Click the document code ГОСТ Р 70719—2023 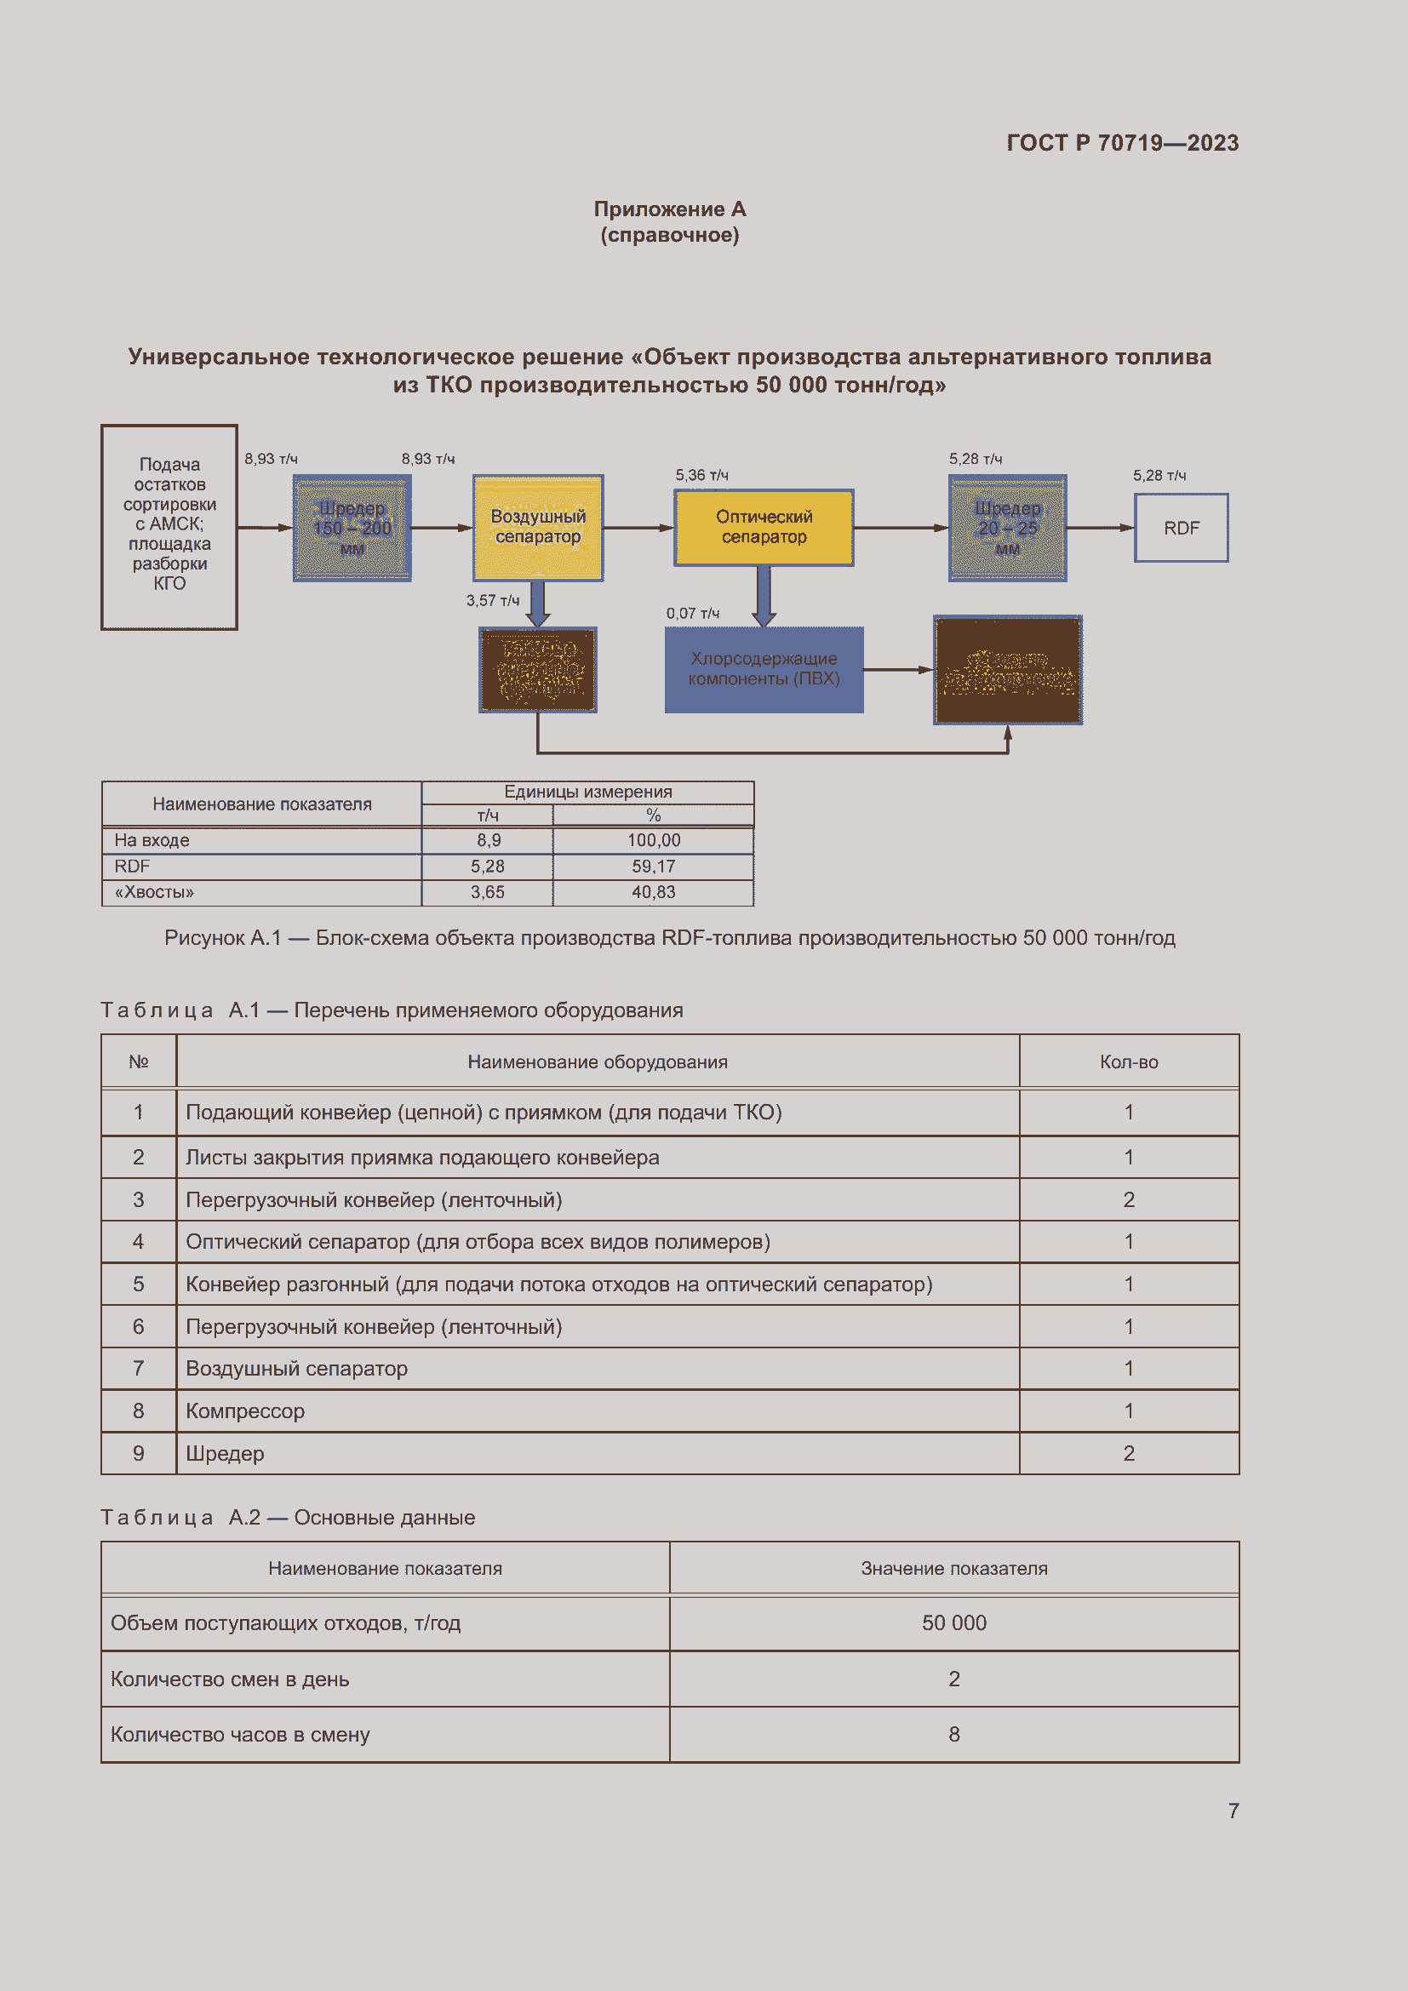[x=1122, y=143]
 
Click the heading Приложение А [x=669, y=209]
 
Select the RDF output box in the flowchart [x=1181, y=528]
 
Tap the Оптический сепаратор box [x=764, y=527]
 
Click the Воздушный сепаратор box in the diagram [x=537, y=527]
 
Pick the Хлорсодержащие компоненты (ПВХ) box [x=764, y=669]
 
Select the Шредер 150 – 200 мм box [x=352, y=528]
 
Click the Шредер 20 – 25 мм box [x=1007, y=528]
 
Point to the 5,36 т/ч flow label [x=702, y=475]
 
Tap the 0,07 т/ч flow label [x=693, y=613]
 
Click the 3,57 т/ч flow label [x=492, y=600]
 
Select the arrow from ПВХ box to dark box [x=897, y=669]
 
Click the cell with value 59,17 [x=653, y=867]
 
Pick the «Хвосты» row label [x=154, y=892]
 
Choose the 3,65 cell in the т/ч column [x=487, y=892]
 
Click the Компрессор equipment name [x=245, y=1410]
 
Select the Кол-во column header [x=1129, y=1061]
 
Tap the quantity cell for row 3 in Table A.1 [x=1129, y=1199]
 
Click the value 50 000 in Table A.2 [x=953, y=1622]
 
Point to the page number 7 [x=1233, y=1811]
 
